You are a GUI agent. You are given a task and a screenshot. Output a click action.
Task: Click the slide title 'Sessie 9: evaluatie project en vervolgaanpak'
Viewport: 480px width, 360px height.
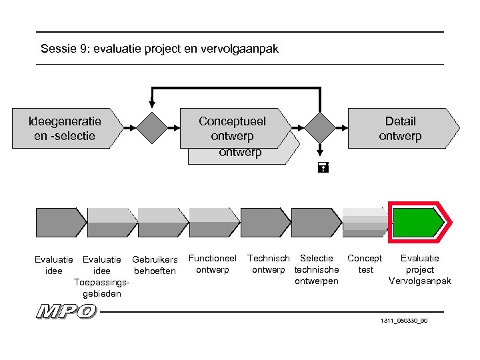(x=159, y=49)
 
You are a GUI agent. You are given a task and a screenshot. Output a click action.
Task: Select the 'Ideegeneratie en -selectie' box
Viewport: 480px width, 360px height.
(x=65, y=128)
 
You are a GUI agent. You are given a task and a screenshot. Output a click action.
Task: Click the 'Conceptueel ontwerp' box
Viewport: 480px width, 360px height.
(x=233, y=128)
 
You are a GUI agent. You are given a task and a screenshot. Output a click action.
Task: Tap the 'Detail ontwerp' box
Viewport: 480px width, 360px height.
(x=401, y=128)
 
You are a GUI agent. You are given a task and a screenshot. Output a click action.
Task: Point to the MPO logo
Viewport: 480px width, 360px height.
(x=67, y=311)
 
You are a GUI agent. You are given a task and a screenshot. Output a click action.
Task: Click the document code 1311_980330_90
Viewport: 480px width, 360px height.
(x=404, y=321)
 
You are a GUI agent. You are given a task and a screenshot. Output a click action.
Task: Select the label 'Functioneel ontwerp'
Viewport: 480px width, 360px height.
(x=213, y=264)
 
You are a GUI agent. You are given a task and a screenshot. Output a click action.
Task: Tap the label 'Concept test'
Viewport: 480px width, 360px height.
(x=365, y=264)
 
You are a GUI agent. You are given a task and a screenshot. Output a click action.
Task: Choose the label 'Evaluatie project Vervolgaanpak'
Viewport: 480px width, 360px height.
(x=420, y=269)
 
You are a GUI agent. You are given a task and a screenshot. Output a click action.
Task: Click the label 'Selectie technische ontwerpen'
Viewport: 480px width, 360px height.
(x=317, y=269)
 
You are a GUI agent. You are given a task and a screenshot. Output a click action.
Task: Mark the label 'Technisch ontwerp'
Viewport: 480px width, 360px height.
(x=268, y=264)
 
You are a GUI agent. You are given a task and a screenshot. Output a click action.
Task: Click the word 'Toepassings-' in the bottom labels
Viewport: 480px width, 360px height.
(x=101, y=282)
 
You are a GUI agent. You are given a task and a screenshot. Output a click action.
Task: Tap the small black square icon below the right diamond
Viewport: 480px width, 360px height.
(x=321, y=169)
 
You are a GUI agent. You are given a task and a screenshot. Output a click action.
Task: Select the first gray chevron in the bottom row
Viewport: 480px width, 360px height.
(x=60, y=222)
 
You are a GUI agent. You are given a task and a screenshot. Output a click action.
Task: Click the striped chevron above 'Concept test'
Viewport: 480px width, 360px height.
(x=365, y=222)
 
